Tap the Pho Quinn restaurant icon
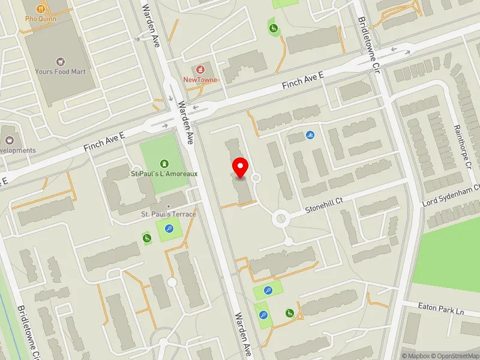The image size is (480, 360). (x=41, y=8)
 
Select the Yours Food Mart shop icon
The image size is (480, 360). (x=60, y=61)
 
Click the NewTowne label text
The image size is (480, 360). (x=200, y=80)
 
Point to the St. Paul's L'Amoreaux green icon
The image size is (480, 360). (x=164, y=163)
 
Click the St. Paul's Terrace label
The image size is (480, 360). (x=168, y=214)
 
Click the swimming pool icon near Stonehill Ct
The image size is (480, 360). (x=310, y=134)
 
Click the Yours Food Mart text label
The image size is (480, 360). (x=60, y=71)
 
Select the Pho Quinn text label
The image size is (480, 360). (x=40, y=18)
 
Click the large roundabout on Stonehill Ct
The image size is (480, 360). (x=280, y=219)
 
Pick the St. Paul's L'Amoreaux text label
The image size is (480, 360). (x=164, y=174)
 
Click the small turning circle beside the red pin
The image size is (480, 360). (x=256, y=178)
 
